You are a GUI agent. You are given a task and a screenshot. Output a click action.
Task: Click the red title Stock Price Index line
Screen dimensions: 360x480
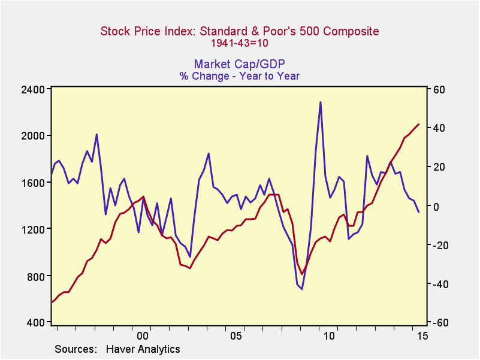pyautogui.click(x=239, y=31)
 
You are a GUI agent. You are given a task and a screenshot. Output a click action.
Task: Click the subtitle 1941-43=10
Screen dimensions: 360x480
pyautogui.click(x=239, y=43)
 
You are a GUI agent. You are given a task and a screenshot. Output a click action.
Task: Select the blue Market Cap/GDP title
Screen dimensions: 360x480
pyautogui.click(x=239, y=64)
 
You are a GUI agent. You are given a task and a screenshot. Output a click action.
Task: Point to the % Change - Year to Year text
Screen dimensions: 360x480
pyautogui.click(x=239, y=76)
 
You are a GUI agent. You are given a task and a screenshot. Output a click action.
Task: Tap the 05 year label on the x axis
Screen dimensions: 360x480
pyautogui.click(x=236, y=336)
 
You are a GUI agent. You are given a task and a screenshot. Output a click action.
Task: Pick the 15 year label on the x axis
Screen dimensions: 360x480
pyautogui.click(x=422, y=336)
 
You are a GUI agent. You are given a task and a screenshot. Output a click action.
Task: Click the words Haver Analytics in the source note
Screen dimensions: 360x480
pyautogui.click(x=143, y=349)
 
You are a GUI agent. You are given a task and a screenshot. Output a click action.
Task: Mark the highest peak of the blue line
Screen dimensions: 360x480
pyautogui.click(x=321, y=102)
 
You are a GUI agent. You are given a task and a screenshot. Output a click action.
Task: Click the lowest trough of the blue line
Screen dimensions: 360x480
pyautogui.click(x=302, y=289)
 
